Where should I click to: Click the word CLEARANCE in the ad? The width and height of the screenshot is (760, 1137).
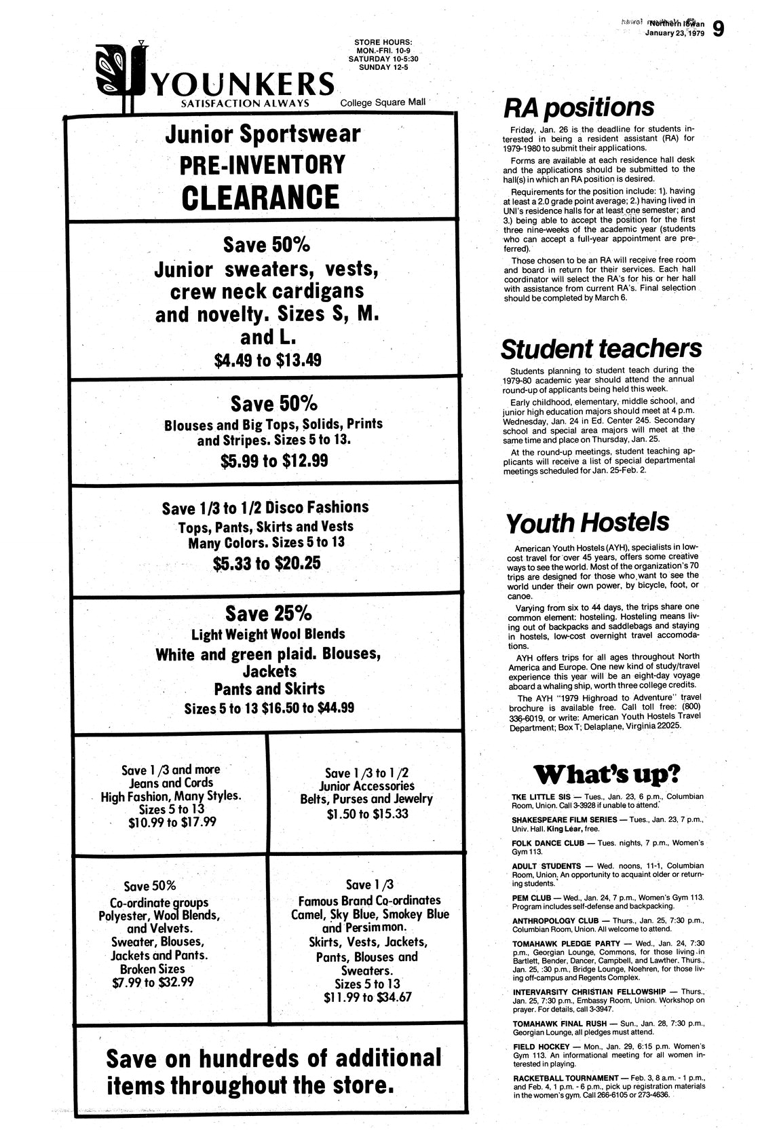261,197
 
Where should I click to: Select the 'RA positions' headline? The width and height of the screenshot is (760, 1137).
579,107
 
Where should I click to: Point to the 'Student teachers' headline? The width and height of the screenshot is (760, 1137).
601,349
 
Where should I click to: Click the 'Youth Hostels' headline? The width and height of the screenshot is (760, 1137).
588,523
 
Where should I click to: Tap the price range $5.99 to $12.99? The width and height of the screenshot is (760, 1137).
274,461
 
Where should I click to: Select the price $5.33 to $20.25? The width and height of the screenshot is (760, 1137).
266,563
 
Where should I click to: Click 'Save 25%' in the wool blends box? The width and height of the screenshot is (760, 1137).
268,614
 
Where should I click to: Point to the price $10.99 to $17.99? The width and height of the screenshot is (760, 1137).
172,822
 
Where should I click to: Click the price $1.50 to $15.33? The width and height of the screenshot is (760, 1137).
367,813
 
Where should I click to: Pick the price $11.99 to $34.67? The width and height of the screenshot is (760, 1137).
368,997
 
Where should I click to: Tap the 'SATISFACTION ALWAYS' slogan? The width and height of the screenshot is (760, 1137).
245,103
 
